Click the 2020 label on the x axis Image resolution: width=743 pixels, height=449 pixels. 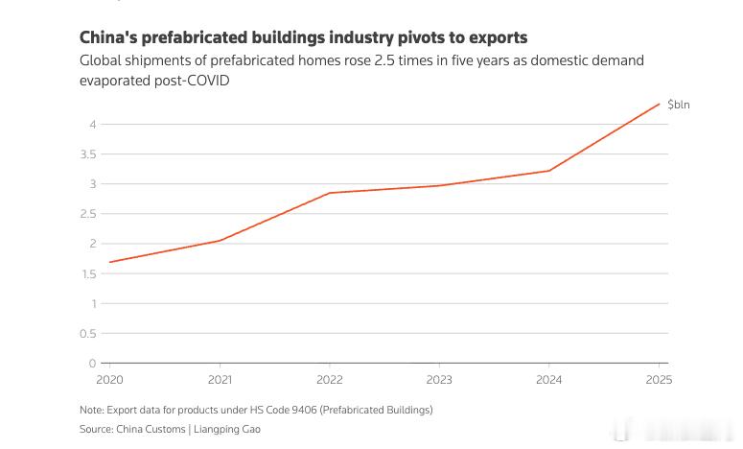(x=109, y=380)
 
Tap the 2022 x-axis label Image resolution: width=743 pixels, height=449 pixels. (x=330, y=380)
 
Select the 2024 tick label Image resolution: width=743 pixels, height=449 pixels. (x=548, y=380)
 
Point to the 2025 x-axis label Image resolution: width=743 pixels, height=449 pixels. (x=659, y=380)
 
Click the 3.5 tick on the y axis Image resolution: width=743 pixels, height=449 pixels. (x=88, y=154)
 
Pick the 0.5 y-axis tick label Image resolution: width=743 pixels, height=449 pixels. (x=88, y=334)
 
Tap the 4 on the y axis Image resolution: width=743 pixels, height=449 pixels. (x=93, y=124)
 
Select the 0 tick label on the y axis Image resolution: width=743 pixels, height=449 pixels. (x=92, y=364)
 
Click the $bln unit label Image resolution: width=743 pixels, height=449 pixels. (x=679, y=105)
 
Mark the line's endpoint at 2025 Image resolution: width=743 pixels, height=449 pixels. (x=660, y=104)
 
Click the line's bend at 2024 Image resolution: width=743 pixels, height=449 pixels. (x=548, y=171)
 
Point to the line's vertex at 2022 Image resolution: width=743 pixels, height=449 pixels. (x=330, y=193)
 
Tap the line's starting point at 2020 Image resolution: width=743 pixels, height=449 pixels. (x=110, y=262)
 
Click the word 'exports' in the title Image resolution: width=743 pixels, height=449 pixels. (x=499, y=37)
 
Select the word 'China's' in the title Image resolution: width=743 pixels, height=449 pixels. (x=108, y=37)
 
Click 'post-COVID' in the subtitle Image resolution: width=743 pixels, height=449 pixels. (x=193, y=81)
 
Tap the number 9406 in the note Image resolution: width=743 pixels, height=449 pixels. (x=304, y=410)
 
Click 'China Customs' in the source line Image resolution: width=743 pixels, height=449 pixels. (x=151, y=429)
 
